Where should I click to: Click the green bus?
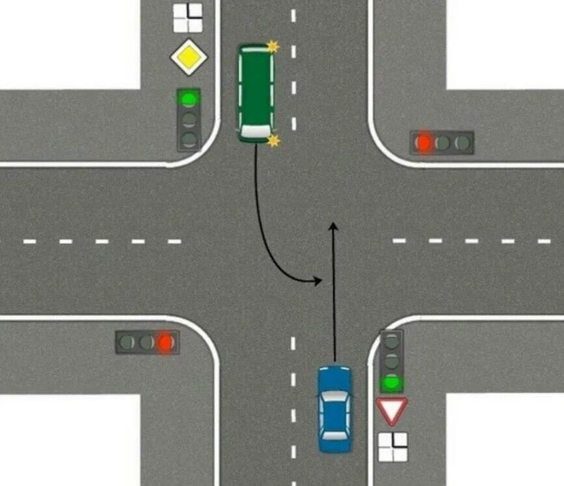tap(255, 92)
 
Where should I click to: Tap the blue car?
tap(334, 409)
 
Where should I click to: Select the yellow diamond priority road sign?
tap(189, 57)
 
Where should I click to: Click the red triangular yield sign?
tap(392, 410)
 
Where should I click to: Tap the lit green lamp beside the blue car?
tap(391, 383)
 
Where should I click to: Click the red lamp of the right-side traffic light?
tap(424, 142)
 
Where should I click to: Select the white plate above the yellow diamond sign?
tap(187, 18)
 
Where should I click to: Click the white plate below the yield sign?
tap(392, 447)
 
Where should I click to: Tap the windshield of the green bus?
tap(254, 131)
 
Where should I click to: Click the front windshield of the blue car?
tap(334, 397)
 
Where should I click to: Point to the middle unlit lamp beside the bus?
tap(189, 120)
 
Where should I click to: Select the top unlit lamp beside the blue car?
tap(391, 340)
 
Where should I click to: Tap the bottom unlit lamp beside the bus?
tap(189, 138)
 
